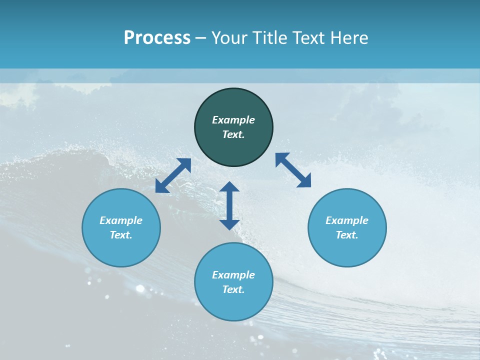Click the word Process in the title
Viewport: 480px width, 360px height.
click(x=157, y=38)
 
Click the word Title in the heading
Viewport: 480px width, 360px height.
click(x=270, y=38)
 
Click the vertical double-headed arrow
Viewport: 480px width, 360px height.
click(x=229, y=205)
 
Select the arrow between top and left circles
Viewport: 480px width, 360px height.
click(x=173, y=175)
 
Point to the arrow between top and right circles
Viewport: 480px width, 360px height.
click(x=293, y=170)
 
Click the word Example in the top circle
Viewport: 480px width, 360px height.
click(x=233, y=120)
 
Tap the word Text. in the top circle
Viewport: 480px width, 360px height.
click(x=233, y=134)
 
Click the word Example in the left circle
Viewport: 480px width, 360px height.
click(x=121, y=220)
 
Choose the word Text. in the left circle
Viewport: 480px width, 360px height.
click(x=121, y=235)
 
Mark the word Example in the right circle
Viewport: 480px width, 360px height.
click(x=347, y=220)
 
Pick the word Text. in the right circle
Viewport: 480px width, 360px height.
click(x=347, y=235)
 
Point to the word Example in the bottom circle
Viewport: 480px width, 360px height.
click(x=233, y=275)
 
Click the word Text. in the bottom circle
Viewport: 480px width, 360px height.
click(x=233, y=289)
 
